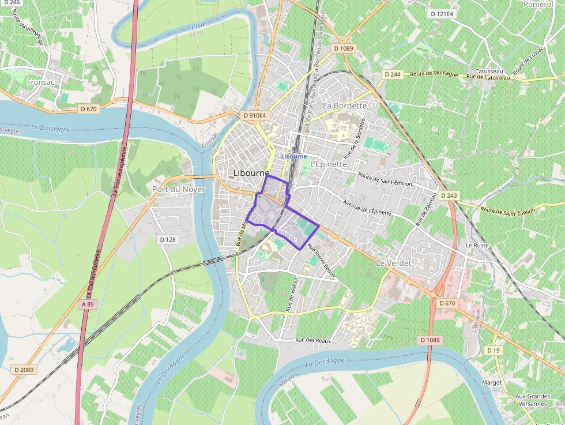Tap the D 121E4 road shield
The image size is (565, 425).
point(443,13)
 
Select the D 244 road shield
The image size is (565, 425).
point(393,74)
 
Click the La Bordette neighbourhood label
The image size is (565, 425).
point(345,106)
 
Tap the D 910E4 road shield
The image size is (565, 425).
point(255,115)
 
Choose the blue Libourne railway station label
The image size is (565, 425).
point(294,156)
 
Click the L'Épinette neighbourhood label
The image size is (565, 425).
point(329,164)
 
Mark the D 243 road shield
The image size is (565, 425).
point(449,195)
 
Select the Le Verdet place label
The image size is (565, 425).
point(394,262)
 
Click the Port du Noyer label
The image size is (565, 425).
point(178,189)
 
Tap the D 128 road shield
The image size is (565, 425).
point(167,239)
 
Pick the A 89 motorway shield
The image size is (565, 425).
point(88,304)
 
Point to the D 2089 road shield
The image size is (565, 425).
point(24,369)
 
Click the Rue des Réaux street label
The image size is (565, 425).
point(313,340)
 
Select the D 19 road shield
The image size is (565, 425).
point(493,350)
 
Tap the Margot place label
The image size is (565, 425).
point(492,382)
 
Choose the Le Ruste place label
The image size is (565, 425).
point(477,245)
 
